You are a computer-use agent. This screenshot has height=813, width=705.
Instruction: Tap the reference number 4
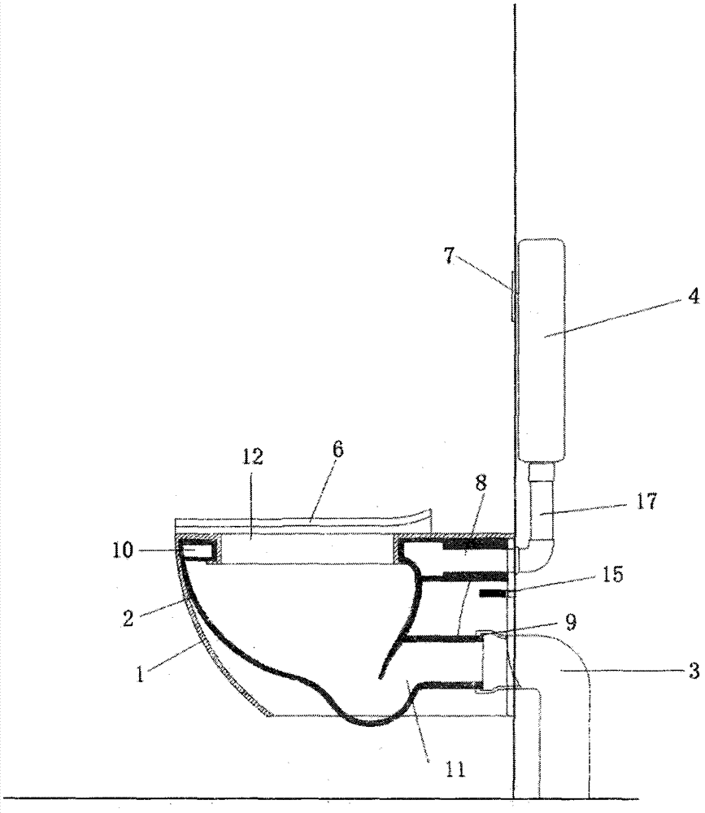click(x=694, y=297)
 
